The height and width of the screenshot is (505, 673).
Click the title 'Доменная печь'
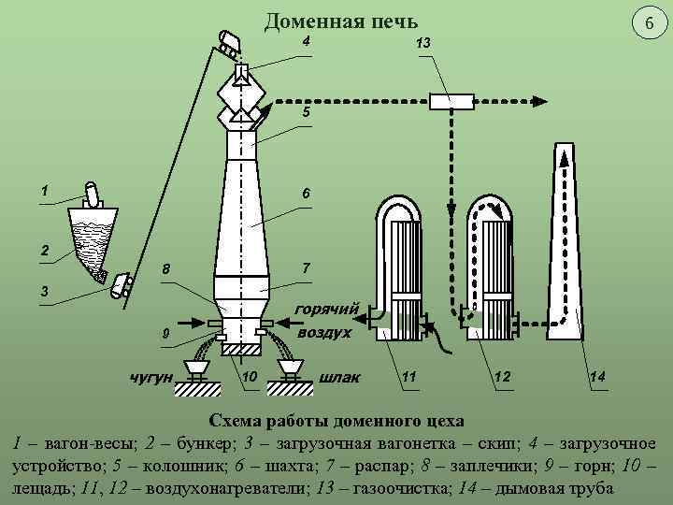pyautogui.click(x=341, y=20)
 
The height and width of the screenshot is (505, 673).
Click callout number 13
pyautogui.click(x=422, y=44)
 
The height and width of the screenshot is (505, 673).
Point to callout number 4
pyautogui.click(x=306, y=40)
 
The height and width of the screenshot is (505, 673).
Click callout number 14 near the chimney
pyautogui.click(x=597, y=376)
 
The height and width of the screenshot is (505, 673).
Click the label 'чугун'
pyautogui.click(x=151, y=377)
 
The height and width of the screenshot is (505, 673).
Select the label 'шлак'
pyautogui.click(x=339, y=377)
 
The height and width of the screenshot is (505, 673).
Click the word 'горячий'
pyautogui.click(x=326, y=309)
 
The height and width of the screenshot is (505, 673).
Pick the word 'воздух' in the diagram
pyautogui.click(x=324, y=332)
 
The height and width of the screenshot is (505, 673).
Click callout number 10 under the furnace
pyautogui.click(x=250, y=376)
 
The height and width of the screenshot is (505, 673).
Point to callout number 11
pyautogui.click(x=408, y=376)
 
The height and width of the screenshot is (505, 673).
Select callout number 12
pyautogui.click(x=503, y=376)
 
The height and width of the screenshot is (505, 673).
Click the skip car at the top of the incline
pyautogui.click(x=226, y=40)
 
